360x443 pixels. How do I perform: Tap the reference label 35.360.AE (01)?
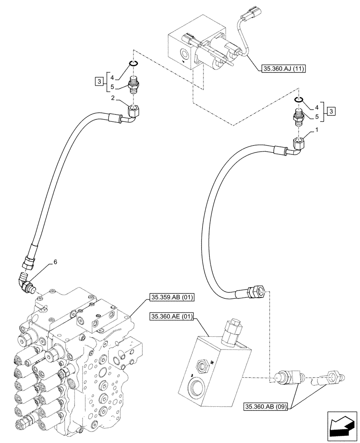pos(172,316)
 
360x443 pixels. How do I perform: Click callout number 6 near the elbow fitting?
pos(55,262)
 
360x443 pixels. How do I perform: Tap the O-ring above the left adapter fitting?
pos(133,64)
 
